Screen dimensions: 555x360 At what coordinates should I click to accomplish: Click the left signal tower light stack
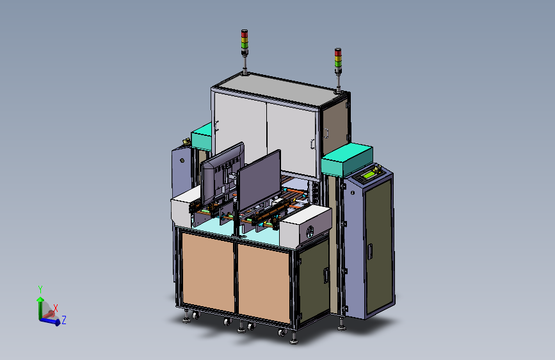tap(245, 42)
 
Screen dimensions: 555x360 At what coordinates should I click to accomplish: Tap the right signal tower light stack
tap(338, 61)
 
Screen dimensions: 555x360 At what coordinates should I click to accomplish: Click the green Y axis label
tap(40, 290)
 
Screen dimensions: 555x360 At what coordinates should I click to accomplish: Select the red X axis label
tap(56, 308)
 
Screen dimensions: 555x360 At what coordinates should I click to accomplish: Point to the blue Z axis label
tap(64, 320)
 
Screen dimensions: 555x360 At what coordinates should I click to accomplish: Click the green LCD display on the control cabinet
tap(369, 174)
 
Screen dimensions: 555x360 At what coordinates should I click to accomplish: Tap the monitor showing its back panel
tap(222, 175)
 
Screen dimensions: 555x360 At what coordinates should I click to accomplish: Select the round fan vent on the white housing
tap(310, 232)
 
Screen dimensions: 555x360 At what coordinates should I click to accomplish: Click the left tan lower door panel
tap(208, 272)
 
